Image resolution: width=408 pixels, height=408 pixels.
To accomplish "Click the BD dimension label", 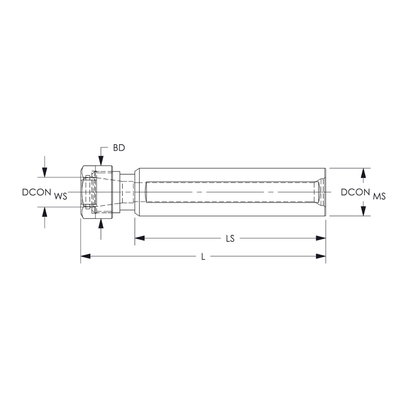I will [x=118, y=148].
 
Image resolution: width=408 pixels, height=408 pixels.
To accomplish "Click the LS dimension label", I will [x=230, y=239].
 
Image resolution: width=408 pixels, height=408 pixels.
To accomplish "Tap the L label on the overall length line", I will [x=203, y=257].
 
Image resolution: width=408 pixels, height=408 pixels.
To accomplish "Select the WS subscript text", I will [x=61, y=197].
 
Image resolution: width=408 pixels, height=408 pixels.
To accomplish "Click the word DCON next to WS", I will [x=37, y=192].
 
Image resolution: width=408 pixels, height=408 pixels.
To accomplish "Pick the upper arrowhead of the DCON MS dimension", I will [x=363, y=173].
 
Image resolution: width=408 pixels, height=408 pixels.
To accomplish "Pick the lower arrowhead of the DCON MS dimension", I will [x=363, y=211].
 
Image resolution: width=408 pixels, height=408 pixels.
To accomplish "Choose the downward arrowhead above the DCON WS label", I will [x=45, y=172].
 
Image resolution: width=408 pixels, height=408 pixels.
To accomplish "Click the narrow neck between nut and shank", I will [x=127, y=192].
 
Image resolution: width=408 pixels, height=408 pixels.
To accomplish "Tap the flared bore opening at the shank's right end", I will [x=320, y=192].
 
